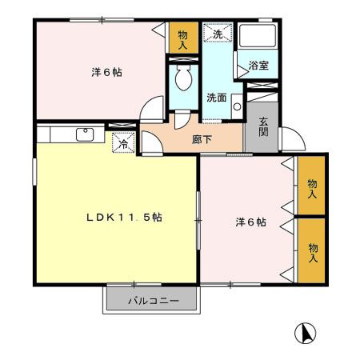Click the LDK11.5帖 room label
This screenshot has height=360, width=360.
coord(125,218)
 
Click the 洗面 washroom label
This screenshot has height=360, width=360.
coord(216,98)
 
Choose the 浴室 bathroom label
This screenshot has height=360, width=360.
coord(258,66)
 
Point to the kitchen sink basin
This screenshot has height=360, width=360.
coord(84,134)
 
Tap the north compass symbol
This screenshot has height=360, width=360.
coord(306,332)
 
